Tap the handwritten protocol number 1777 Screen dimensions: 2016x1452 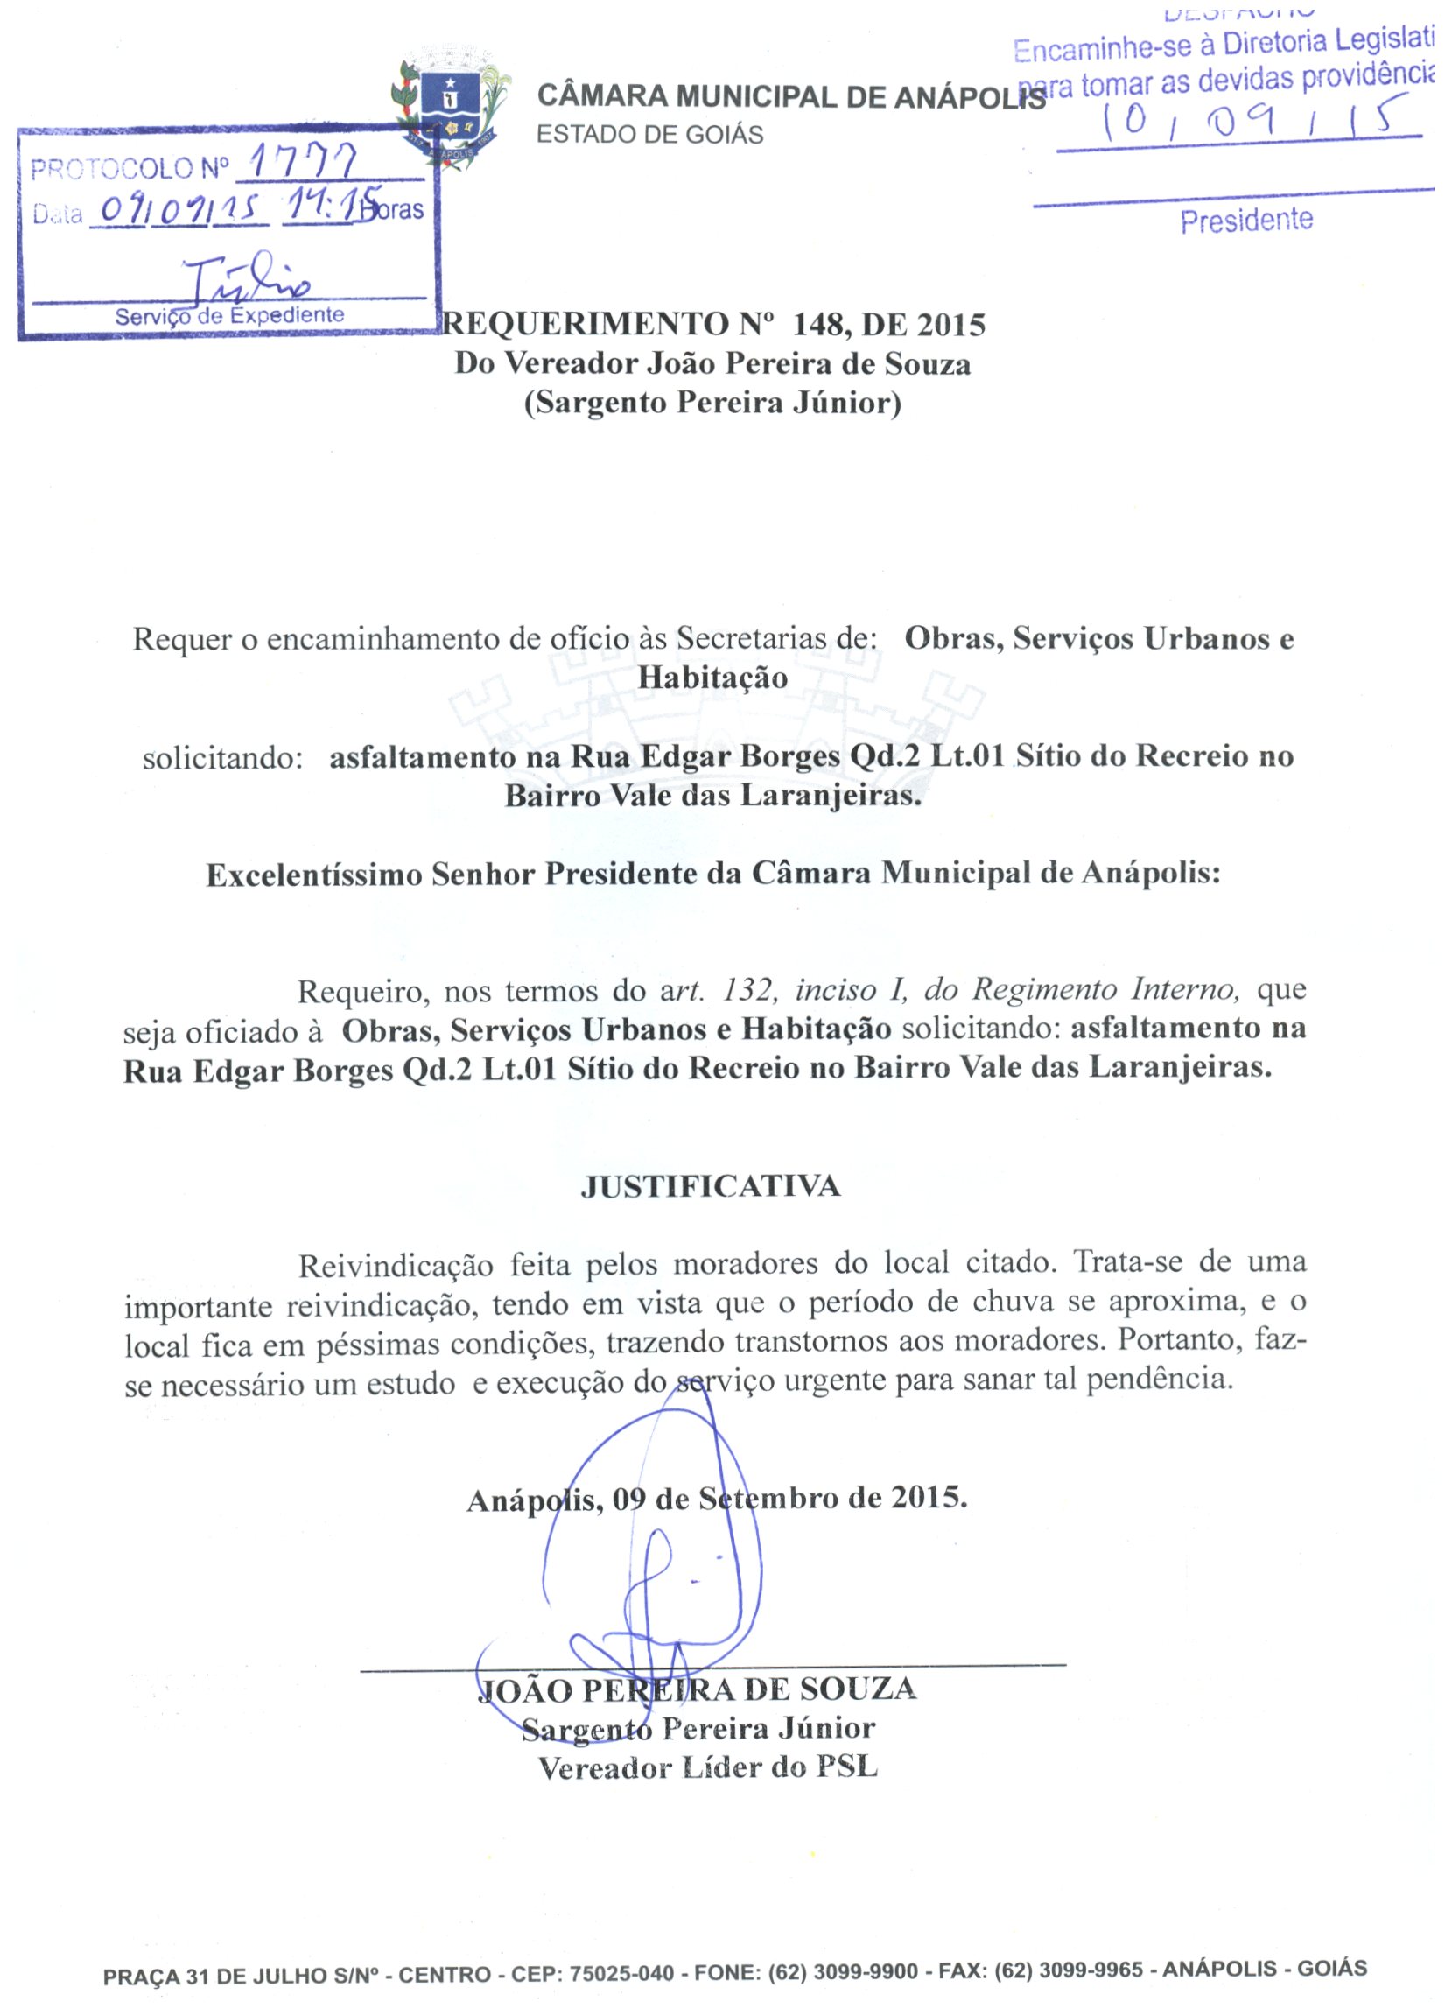point(304,163)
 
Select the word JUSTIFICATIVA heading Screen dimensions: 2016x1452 point(710,1187)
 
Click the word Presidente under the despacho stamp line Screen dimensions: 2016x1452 point(1245,221)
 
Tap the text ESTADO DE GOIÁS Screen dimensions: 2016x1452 point(649,135)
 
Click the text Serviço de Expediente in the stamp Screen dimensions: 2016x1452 point(229,315)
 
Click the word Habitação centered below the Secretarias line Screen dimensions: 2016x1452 point(712,678)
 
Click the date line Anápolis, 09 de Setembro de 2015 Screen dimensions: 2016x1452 point(716,1499)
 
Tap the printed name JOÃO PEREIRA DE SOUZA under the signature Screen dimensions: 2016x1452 point(697,1689)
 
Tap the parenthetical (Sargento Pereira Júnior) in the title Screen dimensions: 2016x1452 point(712,403)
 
